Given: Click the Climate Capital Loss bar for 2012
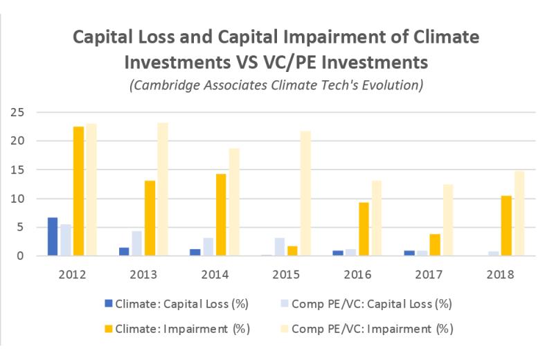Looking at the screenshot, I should pyautogui.click(x=52, y=237).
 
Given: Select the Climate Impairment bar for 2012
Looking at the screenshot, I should pyautogui.click(x=78, y=191).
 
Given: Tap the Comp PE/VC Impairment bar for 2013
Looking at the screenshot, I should pyautogui.click(x=163, y=189).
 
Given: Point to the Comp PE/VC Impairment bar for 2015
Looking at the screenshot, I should pyautogui.click(x=305, y=193).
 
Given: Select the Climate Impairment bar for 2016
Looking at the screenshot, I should pyautogui.click(x=364, y=228).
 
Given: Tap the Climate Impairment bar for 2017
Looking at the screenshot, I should pyautogui.click(x=435, y=244).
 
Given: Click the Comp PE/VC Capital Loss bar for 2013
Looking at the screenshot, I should pyautogui.click(x=137, y=243).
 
